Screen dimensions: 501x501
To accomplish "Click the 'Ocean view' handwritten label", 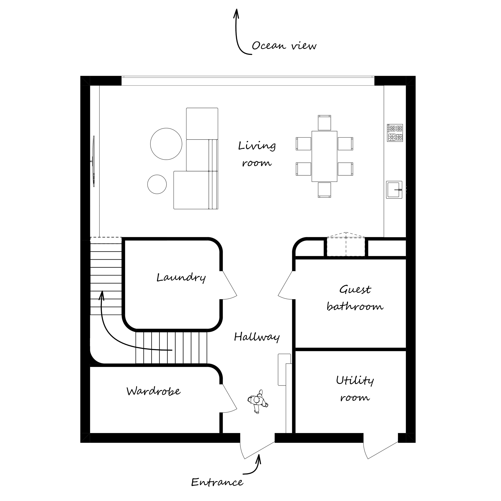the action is [x=284, y=46].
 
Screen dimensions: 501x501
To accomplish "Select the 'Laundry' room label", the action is [x=181, y=278].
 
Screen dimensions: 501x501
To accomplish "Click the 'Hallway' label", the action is [x=257, y=337].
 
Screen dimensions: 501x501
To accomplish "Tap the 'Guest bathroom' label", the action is [x=355, y=298].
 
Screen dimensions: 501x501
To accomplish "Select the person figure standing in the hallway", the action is [x=258, y=402].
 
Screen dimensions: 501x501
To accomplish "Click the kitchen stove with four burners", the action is [x=395, y=133].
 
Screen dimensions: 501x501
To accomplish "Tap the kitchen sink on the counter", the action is [x=394, y=190].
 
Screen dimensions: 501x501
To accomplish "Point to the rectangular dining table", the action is [x=324, y=156].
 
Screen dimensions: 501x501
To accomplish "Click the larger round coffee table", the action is [x=166, y=144].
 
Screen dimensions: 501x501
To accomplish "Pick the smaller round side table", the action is [x=157, y=184].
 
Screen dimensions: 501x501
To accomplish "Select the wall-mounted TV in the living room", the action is [x=93, y=161].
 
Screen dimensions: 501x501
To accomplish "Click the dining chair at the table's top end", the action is [x=324, y=123].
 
